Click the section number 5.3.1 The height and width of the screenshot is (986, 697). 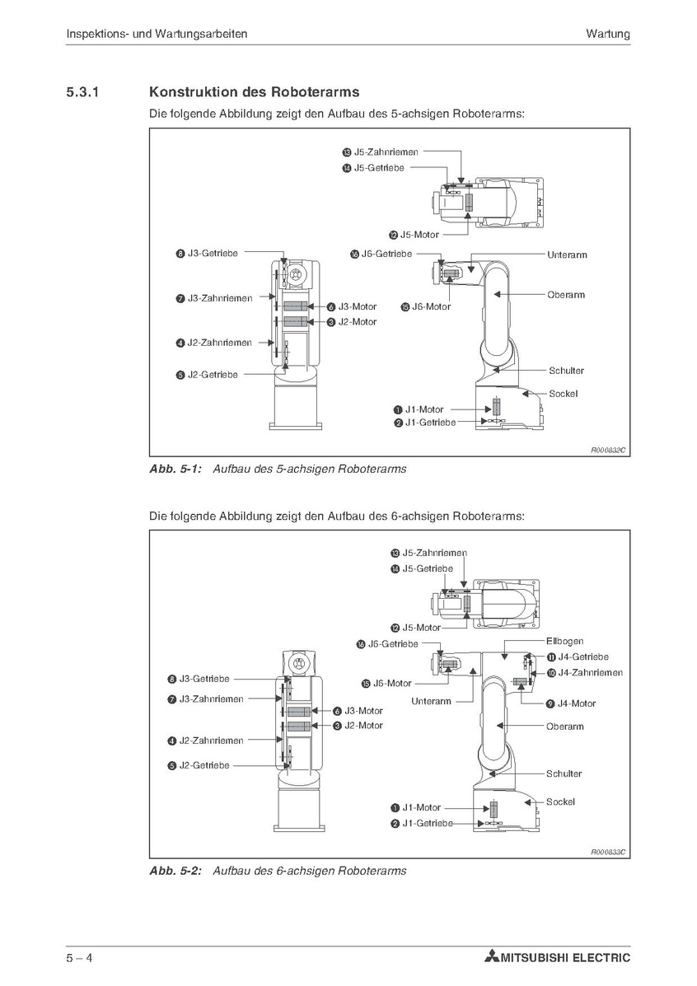pos(82,92)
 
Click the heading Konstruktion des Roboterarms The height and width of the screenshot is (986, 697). pos(254,92)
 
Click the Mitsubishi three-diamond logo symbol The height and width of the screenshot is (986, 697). pos(492,958)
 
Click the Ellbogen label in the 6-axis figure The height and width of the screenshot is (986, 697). pos(564,641)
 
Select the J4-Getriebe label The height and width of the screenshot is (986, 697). pos(582,657)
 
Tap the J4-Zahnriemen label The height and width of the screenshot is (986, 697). pos(589,672)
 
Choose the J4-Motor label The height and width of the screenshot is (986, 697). pos(576,703)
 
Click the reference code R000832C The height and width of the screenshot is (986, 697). pos(608,451)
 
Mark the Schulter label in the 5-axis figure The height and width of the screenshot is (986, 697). pos(566,371)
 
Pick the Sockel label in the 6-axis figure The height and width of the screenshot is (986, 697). pos(560,801)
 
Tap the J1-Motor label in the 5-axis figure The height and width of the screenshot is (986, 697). pos(424,409)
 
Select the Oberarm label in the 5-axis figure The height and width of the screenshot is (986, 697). pos(565,294)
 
